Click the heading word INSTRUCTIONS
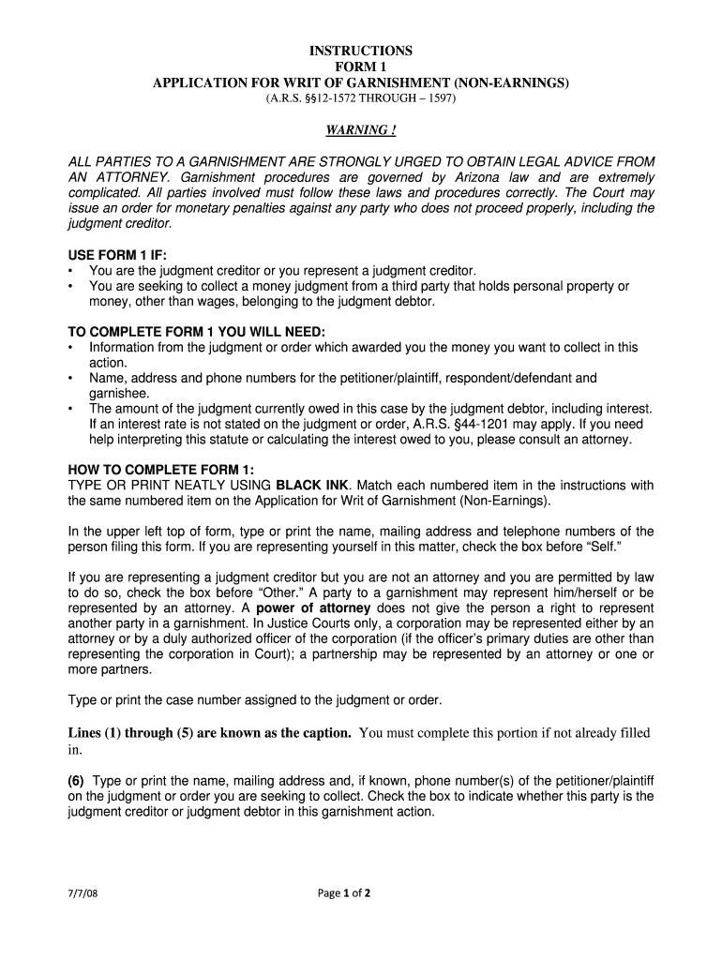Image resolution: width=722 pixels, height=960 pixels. (x=361, y=51)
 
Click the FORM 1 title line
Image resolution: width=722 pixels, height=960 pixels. (x=361, y=67)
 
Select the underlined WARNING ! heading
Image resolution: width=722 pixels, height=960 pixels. (x=361, y=129)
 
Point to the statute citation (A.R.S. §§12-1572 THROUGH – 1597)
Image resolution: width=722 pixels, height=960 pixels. (x=361, y=98)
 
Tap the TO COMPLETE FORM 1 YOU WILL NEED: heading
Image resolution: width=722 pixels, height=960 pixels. (x=197, y=332)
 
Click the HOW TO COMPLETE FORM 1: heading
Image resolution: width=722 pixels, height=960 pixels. (x=160, y=470)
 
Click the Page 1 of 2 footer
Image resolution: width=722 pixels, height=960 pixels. (x=345, y=893)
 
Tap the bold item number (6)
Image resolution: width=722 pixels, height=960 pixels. (x=77, y=781)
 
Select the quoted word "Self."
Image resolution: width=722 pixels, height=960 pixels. (x=634, y=547)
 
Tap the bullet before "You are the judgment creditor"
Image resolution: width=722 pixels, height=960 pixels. (x=71, y=271)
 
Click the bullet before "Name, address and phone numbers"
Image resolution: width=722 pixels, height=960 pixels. (x=71, y=379)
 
